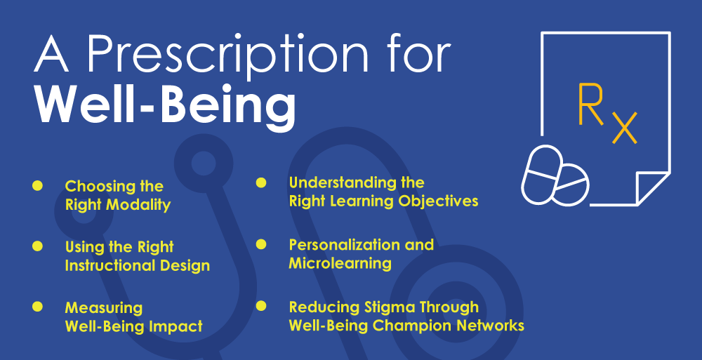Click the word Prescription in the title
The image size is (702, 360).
coord(227,55)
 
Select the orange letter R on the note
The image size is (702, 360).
coord(590,105)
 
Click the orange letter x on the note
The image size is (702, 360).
coord(625,128)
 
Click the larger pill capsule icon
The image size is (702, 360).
coord(541,175)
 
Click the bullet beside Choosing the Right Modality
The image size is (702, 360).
coord(37,185)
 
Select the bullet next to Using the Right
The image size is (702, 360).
coord(37,246)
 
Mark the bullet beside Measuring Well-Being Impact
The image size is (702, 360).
coord(37,307)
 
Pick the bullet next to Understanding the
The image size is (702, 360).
coord(261,182)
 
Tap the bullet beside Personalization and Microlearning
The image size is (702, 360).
coord(261,244)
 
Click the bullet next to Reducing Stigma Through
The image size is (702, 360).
coord(261,306)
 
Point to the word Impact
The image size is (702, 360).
coord(175,326)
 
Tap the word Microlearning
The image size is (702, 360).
coord(340,263)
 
